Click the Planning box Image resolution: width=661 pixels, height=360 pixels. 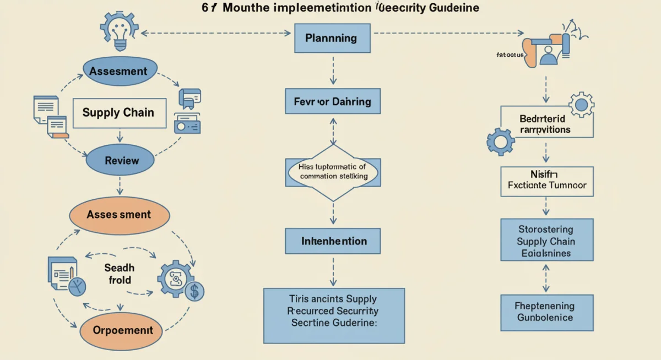(x=330, y=38)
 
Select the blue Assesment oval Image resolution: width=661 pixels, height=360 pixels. (x=118, y=72)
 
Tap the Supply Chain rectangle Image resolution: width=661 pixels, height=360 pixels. (x=118, y=113)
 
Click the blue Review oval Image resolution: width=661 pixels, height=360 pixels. (x=122, y=161)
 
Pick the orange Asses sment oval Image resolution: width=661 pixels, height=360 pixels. (x=118, y=215)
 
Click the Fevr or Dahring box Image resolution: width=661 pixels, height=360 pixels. (x=332, y=102)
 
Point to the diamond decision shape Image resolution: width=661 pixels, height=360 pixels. (x=333, y=172)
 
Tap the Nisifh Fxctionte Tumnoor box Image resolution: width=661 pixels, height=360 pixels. (x=547, y=181)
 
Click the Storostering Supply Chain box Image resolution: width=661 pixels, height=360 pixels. (x=546, y=241)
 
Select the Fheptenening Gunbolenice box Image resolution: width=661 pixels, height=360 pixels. (x=546, y=312)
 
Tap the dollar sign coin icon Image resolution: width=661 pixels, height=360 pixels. (x=193, y=291)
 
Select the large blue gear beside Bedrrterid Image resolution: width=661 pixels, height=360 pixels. (x=500, y=141)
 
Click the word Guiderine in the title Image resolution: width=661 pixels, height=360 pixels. (x=453, y=8)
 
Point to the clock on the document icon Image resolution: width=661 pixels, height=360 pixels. (x=78, y=286)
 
